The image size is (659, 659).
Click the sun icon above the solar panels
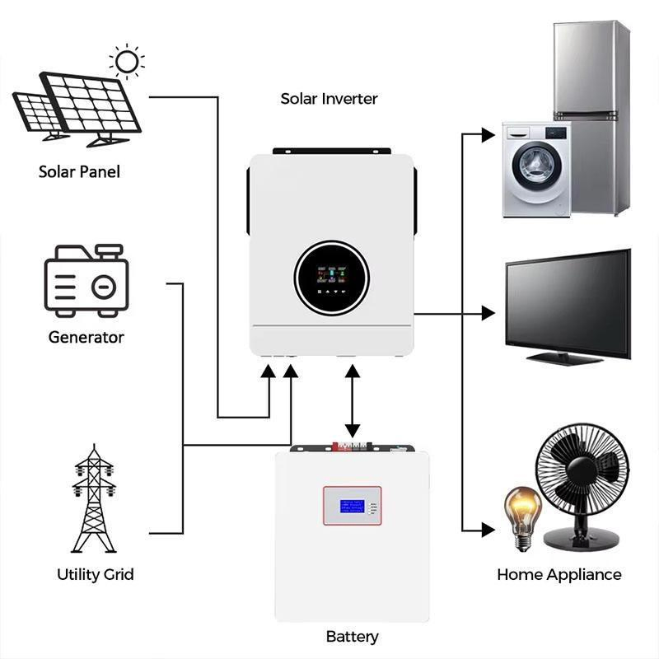coord(127,62)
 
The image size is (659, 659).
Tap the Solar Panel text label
coord(79,172)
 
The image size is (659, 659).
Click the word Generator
coord(86,337)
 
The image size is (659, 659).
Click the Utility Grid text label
coord(96,574)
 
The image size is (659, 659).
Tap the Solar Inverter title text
coord(329,99)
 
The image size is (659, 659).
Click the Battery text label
coord(352,637)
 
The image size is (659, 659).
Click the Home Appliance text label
coord(559,574)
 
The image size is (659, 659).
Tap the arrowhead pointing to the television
coord(488,313)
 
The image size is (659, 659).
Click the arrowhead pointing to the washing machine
coord(488,132)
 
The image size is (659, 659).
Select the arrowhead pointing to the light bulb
coord(488,528)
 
